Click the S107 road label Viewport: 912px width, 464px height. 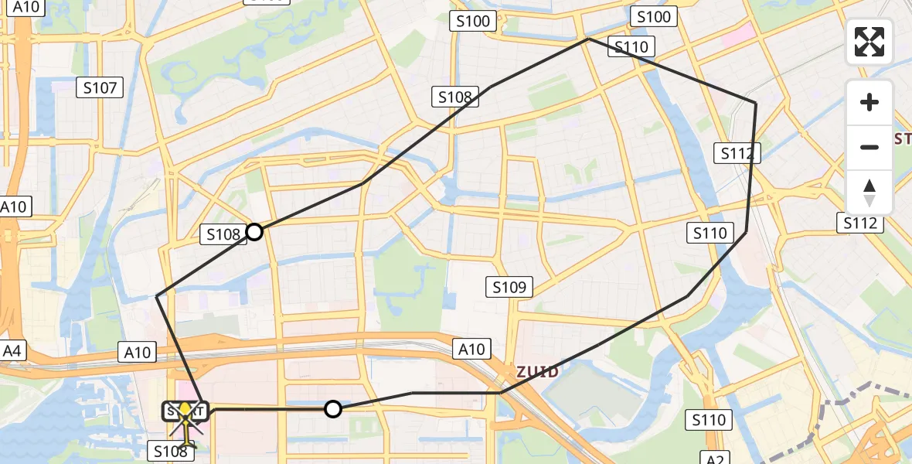click(x=100, y=88)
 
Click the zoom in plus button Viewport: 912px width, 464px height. click(x=869, y=102)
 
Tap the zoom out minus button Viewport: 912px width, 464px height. click(x=869, y=147)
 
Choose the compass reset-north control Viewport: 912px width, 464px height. click(x=869, y=193)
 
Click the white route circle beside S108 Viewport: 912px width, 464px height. click(x=254, y=231)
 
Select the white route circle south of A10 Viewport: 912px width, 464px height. click(x=333, y=409)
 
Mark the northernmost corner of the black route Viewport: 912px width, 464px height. click(x=589, y=39)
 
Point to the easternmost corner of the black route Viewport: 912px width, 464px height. click(x=756, y=103)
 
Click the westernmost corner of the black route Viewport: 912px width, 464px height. click(x=157, y=296)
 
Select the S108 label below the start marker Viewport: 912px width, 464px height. click(x=171, y=451)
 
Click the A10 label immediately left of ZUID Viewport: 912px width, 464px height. click(x=471, y=350)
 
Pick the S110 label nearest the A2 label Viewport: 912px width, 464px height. click(x=709, y=420)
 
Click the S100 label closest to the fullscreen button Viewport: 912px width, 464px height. click(x=654, y=17)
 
